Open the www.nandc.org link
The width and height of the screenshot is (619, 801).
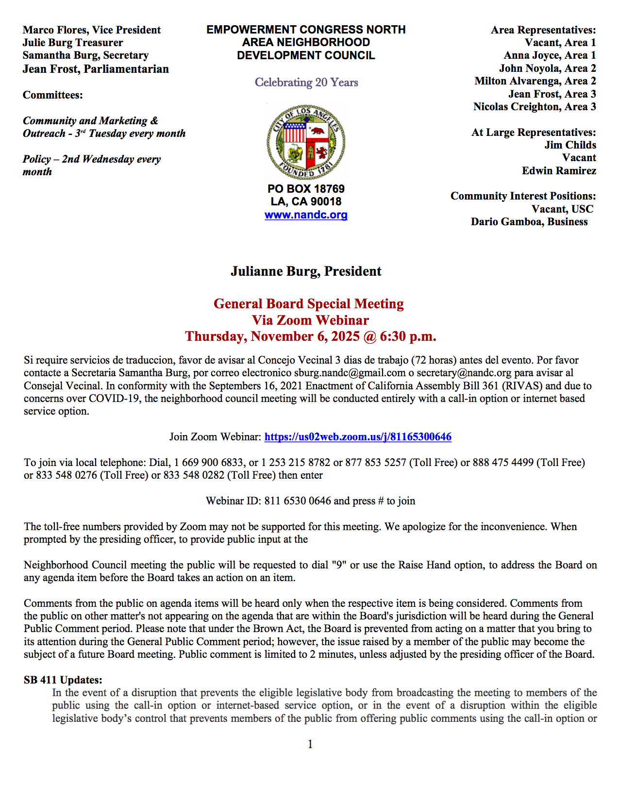[x=306, y=215]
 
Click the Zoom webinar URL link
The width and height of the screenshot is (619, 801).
[x=358, y=437]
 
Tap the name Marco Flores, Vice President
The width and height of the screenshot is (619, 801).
[x=92, y=30]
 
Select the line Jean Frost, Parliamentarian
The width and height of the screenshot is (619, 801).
[x=96, y=69]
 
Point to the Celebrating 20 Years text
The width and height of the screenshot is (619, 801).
[x=306, y=83]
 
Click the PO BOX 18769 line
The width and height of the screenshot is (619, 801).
[x=306, y=189]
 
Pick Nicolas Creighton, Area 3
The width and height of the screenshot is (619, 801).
[x=535, y=107]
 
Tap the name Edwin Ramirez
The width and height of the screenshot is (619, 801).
[x=559, y=171]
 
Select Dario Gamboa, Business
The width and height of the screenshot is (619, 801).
[x=529, y=222]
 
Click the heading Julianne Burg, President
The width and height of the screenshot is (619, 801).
[x=306, y=271]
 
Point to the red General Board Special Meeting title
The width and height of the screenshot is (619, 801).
[x=309, y=304]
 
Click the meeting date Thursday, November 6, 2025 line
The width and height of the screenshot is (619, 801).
[x=310, y=336]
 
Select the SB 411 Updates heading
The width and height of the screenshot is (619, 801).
[x=63, y=680]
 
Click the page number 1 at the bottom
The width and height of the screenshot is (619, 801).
[x=310, y=744]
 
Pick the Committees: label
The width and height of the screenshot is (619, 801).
[x=53, y=95]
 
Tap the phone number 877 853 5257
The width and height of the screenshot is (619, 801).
[x=376, y=463]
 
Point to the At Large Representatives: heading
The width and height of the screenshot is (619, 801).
[x=534, y=133]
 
